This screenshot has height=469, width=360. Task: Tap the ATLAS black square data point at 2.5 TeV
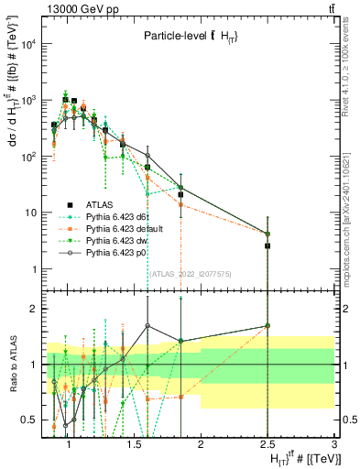pyautogui.click(x=267, y=245)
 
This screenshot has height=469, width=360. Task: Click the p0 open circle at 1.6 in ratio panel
pyautogui.click(x=147, y=325)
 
